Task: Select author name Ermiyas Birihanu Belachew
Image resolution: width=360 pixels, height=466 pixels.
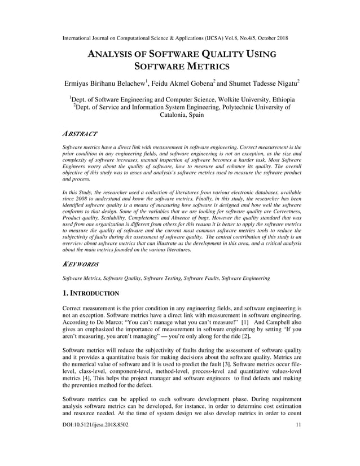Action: coord(104,83)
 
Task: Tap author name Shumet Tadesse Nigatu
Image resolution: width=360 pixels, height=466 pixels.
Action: coord(260,83)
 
